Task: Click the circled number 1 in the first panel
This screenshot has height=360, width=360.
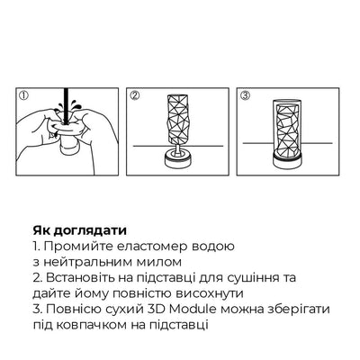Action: (24, 94)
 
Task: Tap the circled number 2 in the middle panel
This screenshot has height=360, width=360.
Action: (133, 94)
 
